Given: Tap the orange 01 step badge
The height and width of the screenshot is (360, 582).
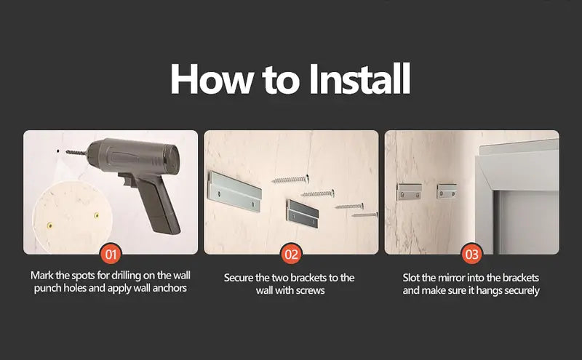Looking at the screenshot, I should tap(111, 255).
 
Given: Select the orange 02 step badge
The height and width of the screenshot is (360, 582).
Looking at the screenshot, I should tap(291, 255).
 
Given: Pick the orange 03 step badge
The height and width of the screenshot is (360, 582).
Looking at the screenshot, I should tap(471, 255).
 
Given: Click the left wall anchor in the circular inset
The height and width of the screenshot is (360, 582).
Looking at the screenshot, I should tap(50, 225).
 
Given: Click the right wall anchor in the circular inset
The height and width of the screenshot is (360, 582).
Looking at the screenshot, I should tap(96, 215).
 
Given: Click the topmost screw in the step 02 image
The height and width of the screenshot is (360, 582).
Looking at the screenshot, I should tap(290, 177).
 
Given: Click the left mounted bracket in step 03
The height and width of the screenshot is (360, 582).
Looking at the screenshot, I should tap(409, 191).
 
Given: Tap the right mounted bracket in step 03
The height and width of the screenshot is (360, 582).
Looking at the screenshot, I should tap(446, 191).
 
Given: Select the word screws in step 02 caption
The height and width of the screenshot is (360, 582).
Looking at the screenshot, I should tap(311, 290).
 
